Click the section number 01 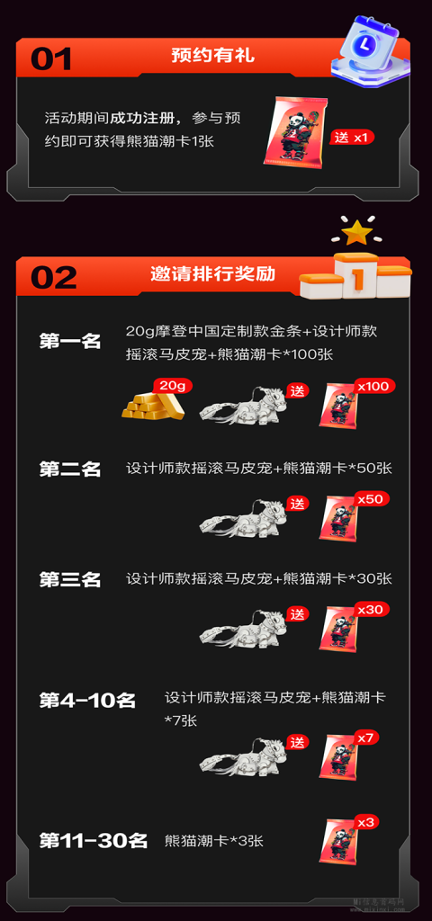pyautogui.click(x=51, y=58)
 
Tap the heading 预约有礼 pyautogui.click(x=212, y=56)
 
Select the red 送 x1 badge pyautogui.click(x=352, y=138)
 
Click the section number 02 pyautogui.click(x=53, y=277)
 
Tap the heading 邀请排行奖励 pyautogui.click(x=212, y=274)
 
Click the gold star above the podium pyautogui.click(x=356, y=233)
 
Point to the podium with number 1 pyautogui.click(x=355, y=275)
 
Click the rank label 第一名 pyautogui.click(x=70, y=341)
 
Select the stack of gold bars pyautogui.click(x=153, y=404)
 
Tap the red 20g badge pyautogui.click(x=173, y=386)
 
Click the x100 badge pyautogui.click(x=375, y=386)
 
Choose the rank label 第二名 pyautogui.click(x=70, y=469)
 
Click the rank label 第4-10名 pyautogui.click(x=87, y=701)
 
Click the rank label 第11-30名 pyautogui.click(x=93, y=841)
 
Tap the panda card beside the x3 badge pyautogui.click(x=338, y=842)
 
